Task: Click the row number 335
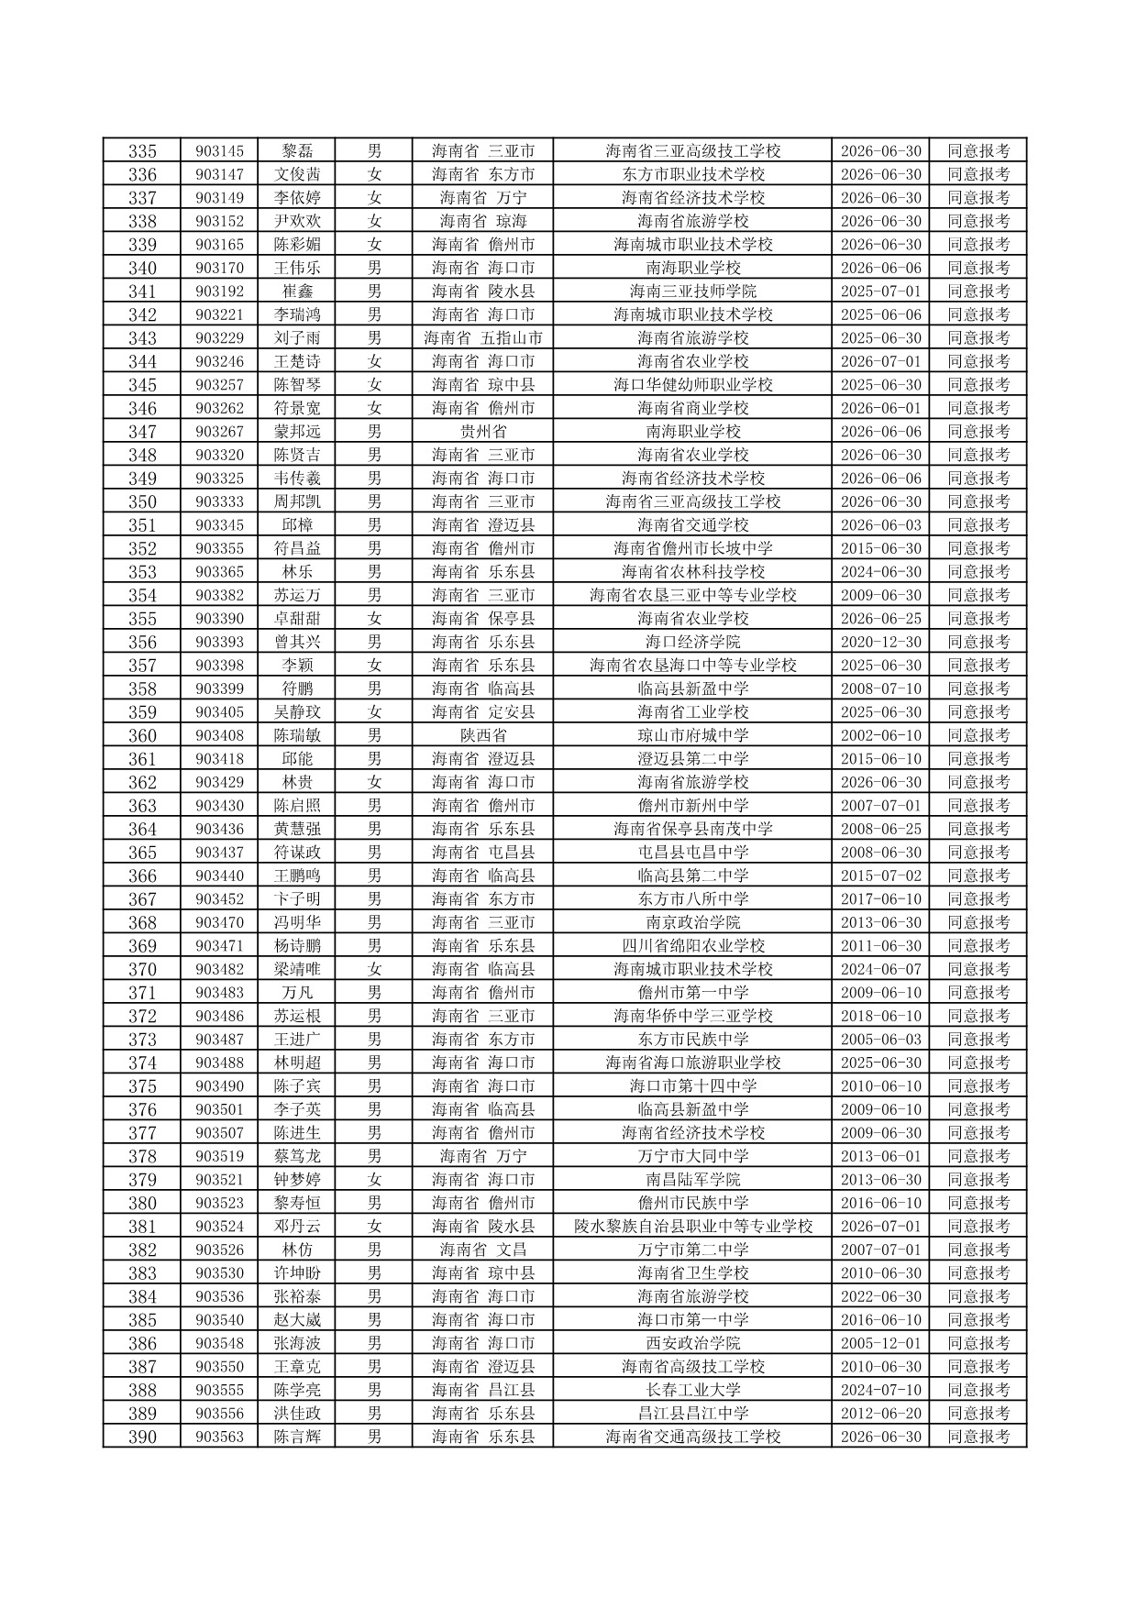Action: tap(142, 151)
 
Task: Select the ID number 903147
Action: tap(219, 174)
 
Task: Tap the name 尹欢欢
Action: tap(297, 221)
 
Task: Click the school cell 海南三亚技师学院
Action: tap(692, 291)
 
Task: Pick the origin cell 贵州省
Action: tap(483, 431)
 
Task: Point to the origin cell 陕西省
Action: tap(483, 735)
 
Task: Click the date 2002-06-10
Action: tap(880, 735)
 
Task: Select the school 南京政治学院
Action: tap(692, 922)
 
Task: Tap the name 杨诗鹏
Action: tap(297, 945)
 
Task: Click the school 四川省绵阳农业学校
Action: tap(692, 945)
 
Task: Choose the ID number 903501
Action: tap(219, 1109)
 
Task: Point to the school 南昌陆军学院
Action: tap(692, 1179)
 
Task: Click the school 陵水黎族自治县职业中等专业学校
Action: tap(692, 1226)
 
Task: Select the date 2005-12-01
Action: tap(880, 1343)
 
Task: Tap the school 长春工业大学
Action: tap(692, 1390)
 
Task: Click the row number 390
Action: tap(142, 1437)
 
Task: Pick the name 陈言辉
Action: tap(297, 1437)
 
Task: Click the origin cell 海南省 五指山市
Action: tap(483, 337)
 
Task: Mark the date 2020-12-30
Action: tap(880, 642)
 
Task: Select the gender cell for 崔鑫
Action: tap(374, 291)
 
